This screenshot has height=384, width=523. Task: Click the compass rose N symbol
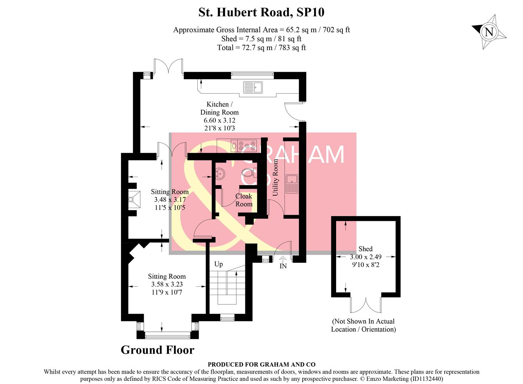[489, 32]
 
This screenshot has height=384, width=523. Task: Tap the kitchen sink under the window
[253, 87]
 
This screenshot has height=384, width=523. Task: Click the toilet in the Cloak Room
[248, 173]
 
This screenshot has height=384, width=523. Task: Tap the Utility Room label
[275, 177]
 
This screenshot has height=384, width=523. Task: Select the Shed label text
[365, 249]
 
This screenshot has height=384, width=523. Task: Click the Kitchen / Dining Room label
[219, 108]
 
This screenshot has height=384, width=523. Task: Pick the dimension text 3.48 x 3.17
[169, 199]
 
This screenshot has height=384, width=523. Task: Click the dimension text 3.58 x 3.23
[167, 284]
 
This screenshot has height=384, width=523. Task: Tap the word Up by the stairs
[218, 264]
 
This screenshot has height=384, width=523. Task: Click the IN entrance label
[283, 266]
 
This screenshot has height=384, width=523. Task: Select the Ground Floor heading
[157, 350]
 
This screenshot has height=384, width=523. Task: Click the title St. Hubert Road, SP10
[261, 12]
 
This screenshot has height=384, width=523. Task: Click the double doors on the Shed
[366, 304]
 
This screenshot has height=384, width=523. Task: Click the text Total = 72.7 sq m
[261, 48]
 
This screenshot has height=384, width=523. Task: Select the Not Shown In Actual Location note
[364, 325]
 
